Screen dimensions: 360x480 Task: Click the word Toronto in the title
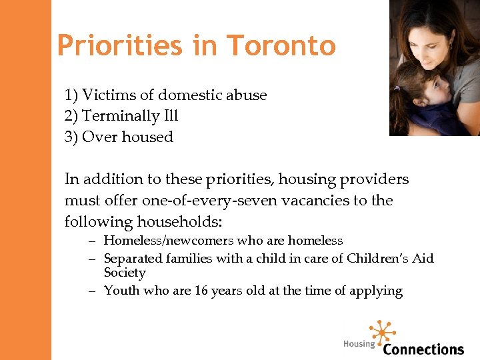(x=281, y=45)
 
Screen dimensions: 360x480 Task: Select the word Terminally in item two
(x=121, y=116)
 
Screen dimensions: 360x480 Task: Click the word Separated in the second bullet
(x=130, y=258)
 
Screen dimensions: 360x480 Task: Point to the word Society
(x=125, y=273)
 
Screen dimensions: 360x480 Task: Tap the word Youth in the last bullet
(x=121, y=291)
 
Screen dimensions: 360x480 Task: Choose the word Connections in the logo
(x=423, y=349)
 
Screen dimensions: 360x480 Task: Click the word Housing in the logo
(x=359, y=344)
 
